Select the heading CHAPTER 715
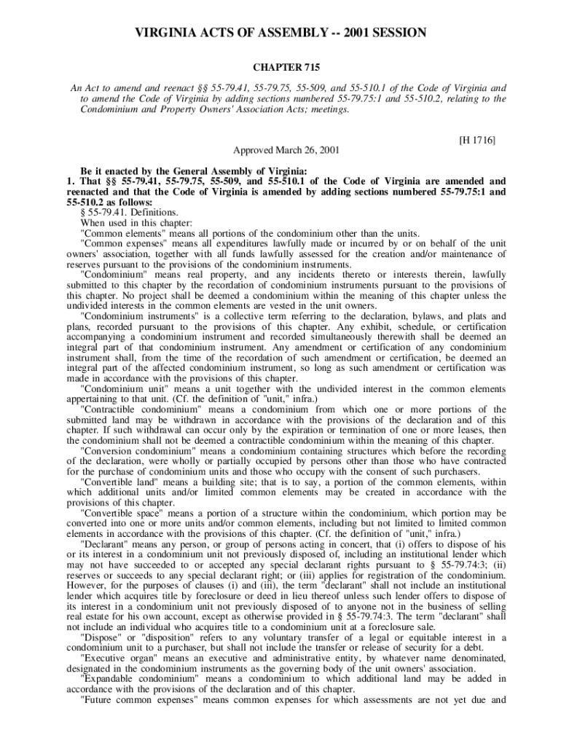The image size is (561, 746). click(280, 68)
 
